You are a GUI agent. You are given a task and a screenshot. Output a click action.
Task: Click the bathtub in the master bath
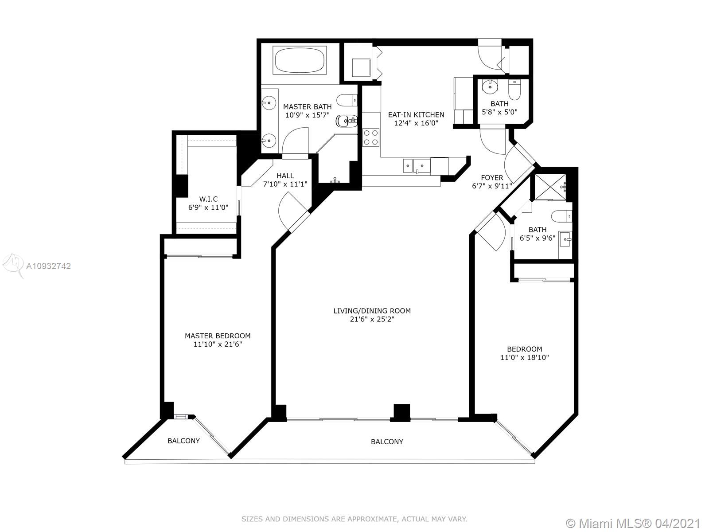[x=300, y=60]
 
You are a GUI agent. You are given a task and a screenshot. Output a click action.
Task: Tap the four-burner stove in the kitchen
[x=370, y=137]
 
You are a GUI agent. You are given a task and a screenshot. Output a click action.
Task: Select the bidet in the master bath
[x=346, y=121]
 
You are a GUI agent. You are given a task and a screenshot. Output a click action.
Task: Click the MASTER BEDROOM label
[x=218, y=336]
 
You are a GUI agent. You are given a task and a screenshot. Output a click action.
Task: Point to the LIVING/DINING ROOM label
[x=372, y=311]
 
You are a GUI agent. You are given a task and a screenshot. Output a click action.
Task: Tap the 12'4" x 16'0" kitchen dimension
[x=416, y=123]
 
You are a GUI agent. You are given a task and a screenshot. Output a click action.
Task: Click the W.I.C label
[x=208, y=199]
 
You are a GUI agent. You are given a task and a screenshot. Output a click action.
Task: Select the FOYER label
[x=492, y=178]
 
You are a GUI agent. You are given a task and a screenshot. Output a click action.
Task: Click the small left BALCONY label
[x=183, y=441]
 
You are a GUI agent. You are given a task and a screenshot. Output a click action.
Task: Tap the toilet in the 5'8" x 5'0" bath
[x=514, y=90]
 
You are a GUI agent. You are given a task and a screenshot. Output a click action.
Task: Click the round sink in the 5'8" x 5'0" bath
[x=491, y=86]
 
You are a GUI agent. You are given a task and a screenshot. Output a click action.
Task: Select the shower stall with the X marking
[x=550, y=187]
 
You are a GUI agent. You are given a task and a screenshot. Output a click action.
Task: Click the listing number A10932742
[x=48, y=266]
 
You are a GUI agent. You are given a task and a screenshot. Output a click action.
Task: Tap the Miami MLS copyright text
[x=634, y=523]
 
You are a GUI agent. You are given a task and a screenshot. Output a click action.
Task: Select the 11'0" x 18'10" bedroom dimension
[x=525, y=358]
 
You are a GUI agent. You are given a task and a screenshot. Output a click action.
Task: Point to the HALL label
[x=285, y=176]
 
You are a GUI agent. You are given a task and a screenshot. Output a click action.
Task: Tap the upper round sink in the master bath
[x=269, y=103]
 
